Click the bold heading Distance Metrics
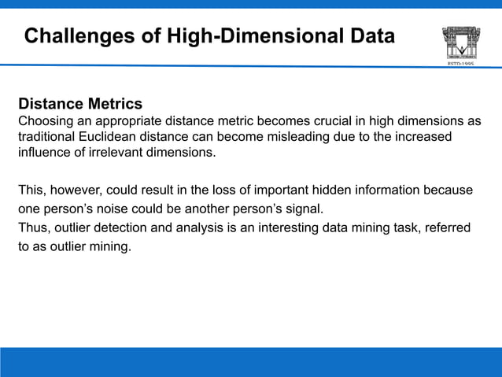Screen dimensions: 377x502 [x=80, y=104]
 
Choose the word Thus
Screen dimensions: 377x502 [x=32, y=227]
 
